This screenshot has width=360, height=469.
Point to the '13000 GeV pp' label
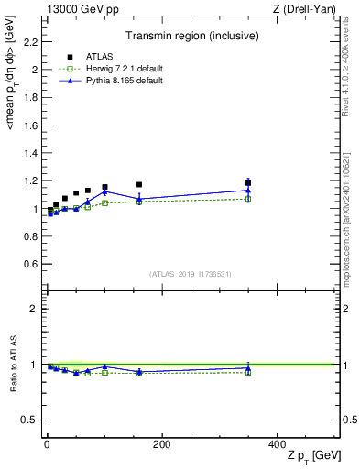pyautogui.click(x=80, y=9)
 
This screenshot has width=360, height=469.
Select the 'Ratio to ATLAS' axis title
pyautogui.click(x=13, y=365)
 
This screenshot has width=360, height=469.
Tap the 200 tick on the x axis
pyautogui.click(x=161, y=444)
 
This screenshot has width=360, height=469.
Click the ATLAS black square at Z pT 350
pyautogui.click(x=248, y=183)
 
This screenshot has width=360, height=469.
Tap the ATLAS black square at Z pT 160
pyautogui.click(x=139, y=185)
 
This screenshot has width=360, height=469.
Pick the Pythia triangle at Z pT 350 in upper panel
pyautogui.click(x=248, y=191)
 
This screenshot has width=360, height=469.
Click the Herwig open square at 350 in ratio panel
pyautogui.click(x=248, y=372)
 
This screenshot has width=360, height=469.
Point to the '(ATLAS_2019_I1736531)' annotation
pyautogui.click(x=191, y=273)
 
